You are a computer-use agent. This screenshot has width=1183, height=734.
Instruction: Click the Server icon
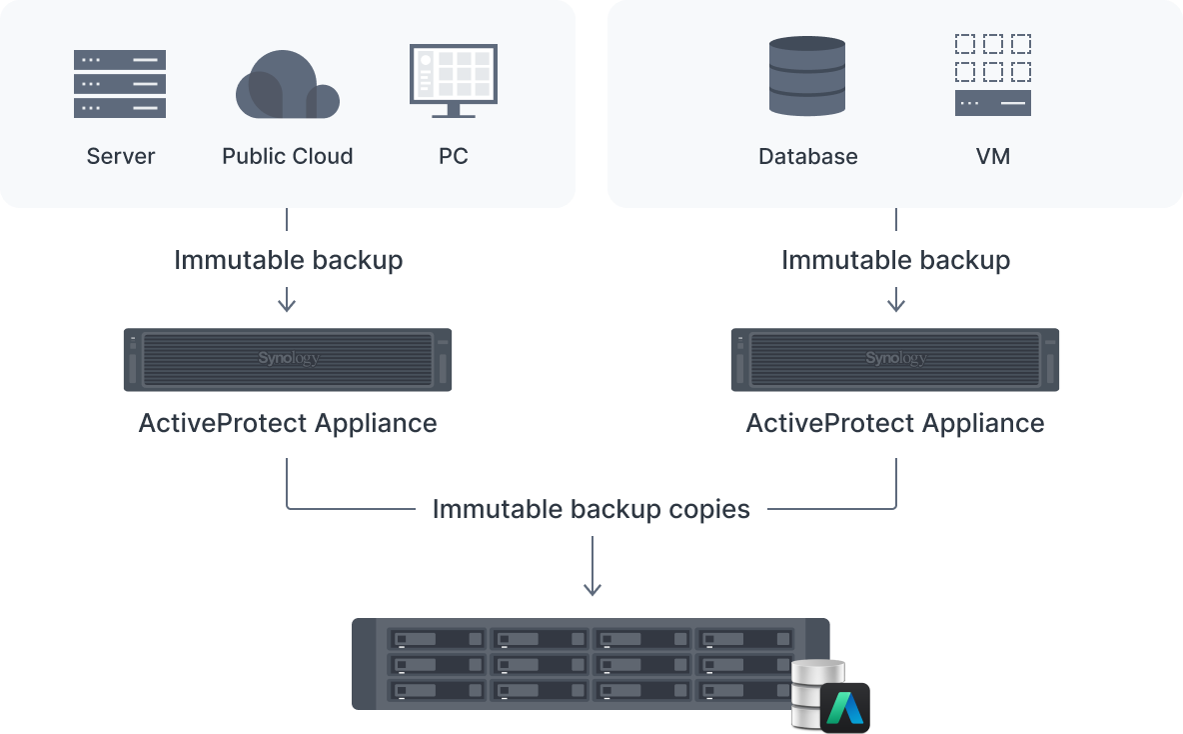[x=120, y=84]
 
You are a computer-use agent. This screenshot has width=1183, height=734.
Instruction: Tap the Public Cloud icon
[x=287, y=86]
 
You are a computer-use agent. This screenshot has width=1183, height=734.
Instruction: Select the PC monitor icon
[x=453, y=80]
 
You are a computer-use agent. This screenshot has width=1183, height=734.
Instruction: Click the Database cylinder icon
[x=807, y=76]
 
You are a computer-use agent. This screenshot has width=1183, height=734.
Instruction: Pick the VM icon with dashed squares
[x=992, y=75]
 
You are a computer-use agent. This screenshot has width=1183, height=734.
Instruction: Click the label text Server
[x=121, y=156]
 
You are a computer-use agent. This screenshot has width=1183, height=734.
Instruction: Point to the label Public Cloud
[x=287, y=156]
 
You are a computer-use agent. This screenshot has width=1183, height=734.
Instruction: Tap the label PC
[x=453, y=156]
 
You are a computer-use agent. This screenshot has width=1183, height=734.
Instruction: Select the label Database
[x=807, y=156]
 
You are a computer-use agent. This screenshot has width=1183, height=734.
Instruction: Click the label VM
[x=992, y=156]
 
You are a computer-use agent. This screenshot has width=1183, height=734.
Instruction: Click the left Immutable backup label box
[x=288, y=260]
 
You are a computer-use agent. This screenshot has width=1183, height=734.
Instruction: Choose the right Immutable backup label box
[x=895, y=260]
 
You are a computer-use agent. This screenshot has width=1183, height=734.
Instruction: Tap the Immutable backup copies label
[x=591, y=508]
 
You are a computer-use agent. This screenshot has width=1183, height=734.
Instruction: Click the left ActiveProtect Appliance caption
[x=288, y=423]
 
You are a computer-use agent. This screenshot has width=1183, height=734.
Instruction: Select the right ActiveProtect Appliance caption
[x=895, y=423]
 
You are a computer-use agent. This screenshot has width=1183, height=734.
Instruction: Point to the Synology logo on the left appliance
[x=288, y=358]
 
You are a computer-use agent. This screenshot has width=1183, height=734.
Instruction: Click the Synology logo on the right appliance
[x=895, y=358]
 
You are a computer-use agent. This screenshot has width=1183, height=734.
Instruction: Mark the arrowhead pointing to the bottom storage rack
[x=592, y=590]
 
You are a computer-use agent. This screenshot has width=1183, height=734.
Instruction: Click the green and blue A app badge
[x=845, y=707]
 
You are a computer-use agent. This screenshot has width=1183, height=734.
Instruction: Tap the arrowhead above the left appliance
[x=287, y=306]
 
